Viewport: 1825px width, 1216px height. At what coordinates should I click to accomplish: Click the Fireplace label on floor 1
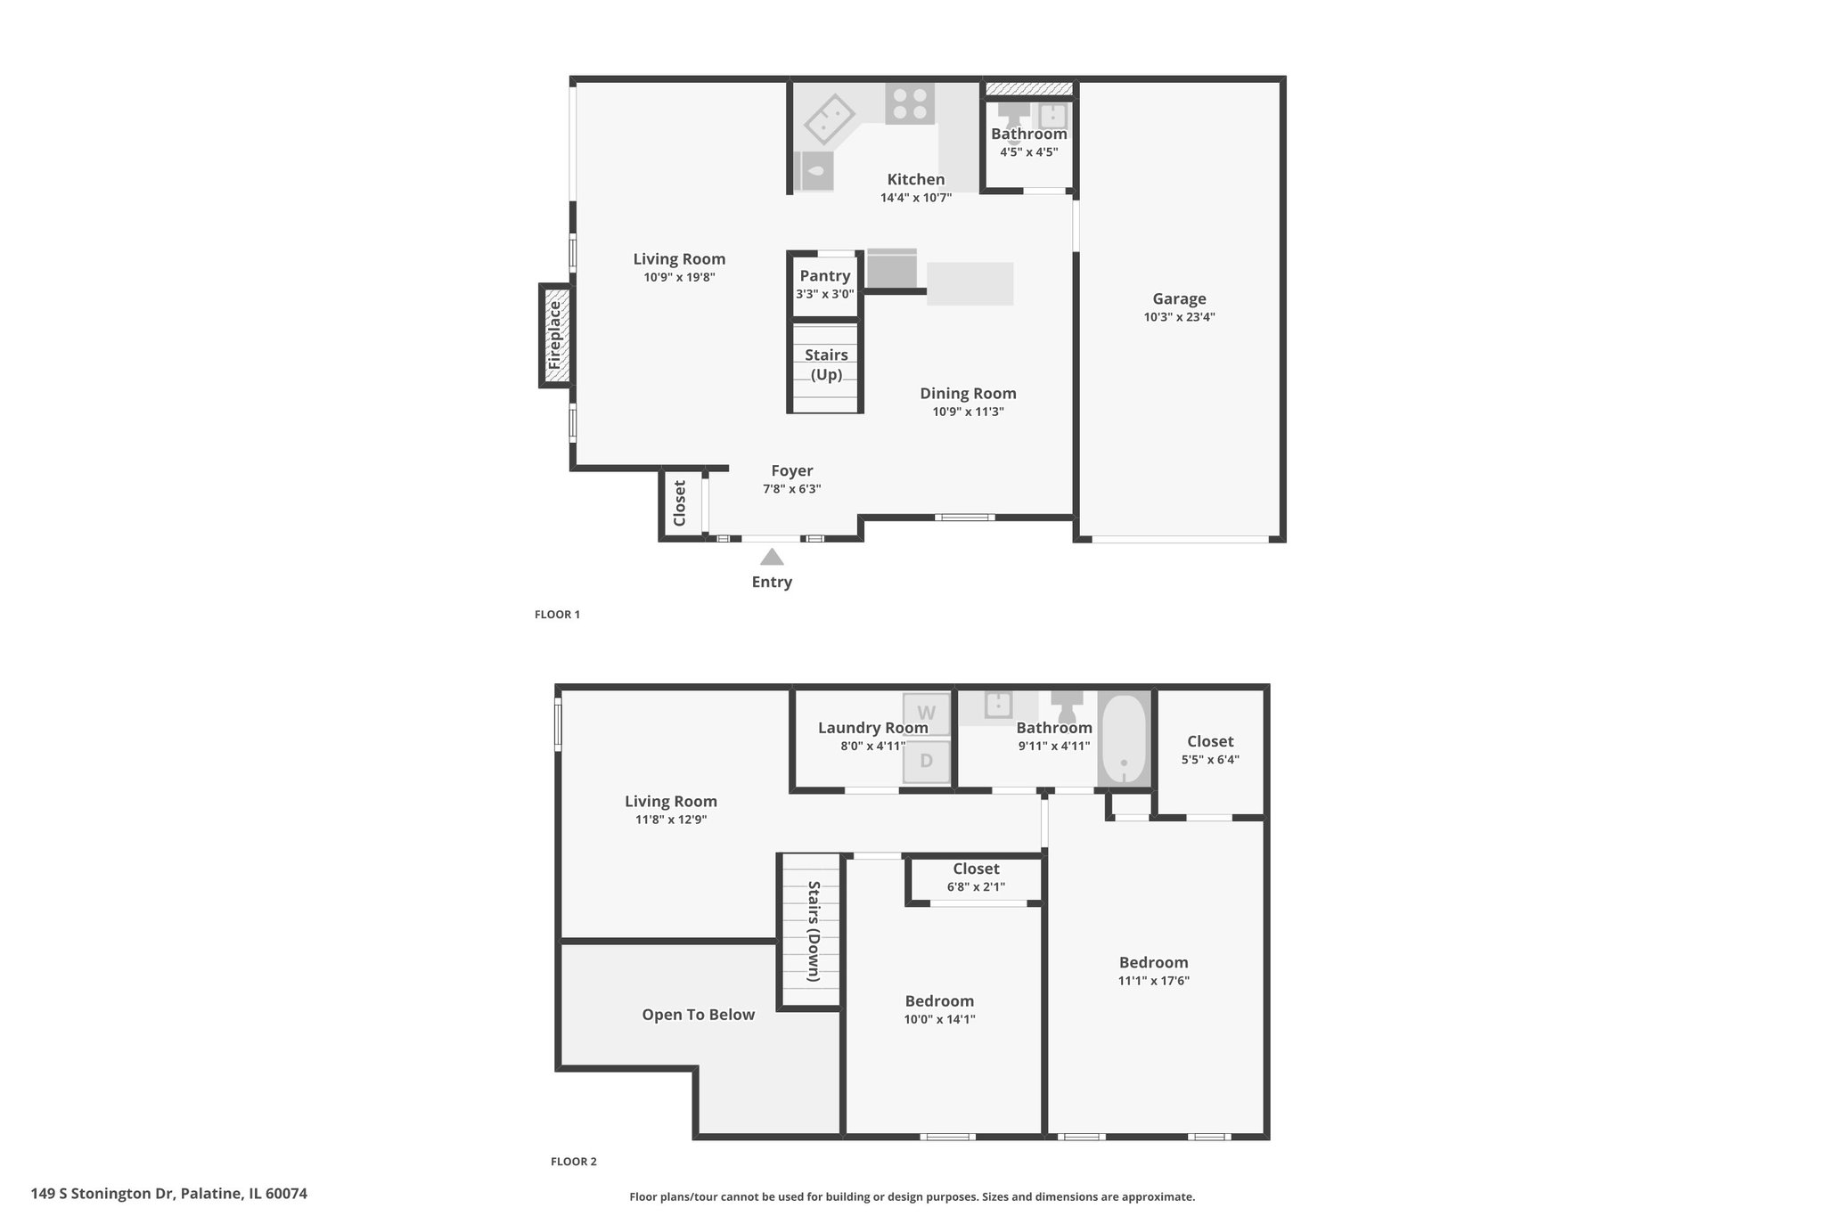point(555,335)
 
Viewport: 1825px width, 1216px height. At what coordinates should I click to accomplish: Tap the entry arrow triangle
point(772,557)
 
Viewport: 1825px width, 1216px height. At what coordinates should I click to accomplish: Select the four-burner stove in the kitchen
point(910,102)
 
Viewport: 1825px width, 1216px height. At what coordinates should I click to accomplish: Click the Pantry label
point(825,275)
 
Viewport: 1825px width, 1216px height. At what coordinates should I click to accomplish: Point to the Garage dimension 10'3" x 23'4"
point(1179,317)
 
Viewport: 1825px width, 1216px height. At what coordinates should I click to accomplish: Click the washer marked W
point(927,714)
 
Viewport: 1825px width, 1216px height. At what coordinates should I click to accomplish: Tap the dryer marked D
point(927,762)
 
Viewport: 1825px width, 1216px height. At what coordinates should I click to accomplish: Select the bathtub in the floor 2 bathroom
point(1125,739)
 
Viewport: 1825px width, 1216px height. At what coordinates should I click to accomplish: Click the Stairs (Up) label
point(826,364)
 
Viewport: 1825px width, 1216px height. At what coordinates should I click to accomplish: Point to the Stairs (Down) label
point(814,931)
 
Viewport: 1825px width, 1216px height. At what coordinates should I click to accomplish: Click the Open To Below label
point(699,1015)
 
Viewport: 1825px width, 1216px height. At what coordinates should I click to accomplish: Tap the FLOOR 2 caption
point(574,1162)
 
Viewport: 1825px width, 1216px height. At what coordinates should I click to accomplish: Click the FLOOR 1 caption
point(557,615)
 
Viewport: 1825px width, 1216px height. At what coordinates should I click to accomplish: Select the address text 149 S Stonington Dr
point(105,1194)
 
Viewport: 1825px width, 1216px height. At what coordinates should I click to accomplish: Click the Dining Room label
point(968,393)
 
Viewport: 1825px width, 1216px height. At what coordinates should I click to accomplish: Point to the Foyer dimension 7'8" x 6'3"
point(791,489)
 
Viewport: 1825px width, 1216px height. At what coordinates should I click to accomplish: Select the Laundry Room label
point(873,728)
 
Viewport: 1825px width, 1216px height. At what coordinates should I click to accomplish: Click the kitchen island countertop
point(970,284)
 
